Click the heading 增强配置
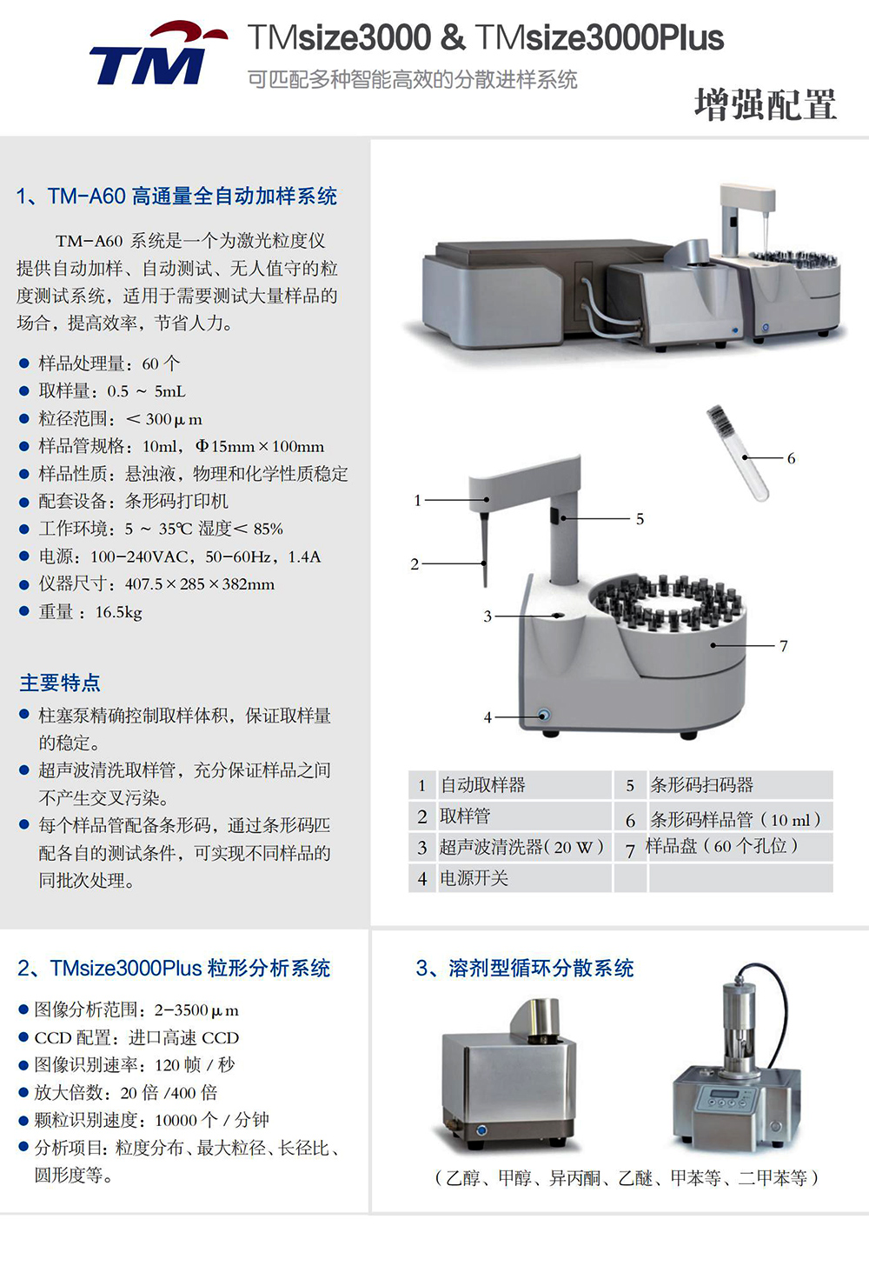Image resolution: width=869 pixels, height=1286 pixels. point(766,105)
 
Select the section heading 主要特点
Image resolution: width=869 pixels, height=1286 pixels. point(60,683)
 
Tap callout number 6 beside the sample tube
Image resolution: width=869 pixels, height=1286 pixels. point(791,458)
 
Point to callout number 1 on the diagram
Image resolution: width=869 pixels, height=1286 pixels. point(418,501)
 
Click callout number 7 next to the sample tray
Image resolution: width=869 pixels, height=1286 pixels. point(784,646)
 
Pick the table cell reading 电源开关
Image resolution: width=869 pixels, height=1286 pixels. point(474,878)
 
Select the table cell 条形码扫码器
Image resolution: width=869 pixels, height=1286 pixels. point(701,785)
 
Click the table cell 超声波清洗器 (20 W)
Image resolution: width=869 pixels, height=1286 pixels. point(521,847)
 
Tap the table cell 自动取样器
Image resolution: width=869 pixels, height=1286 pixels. point(482,785)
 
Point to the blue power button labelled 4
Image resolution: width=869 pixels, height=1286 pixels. point(543,716)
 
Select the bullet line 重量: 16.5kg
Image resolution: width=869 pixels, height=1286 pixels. point(90,612)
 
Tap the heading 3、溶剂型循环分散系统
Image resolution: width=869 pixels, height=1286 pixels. point(524,969)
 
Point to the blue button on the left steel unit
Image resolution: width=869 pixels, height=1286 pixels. point(481,1129)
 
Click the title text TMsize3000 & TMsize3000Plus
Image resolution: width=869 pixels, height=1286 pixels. point(486,38)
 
